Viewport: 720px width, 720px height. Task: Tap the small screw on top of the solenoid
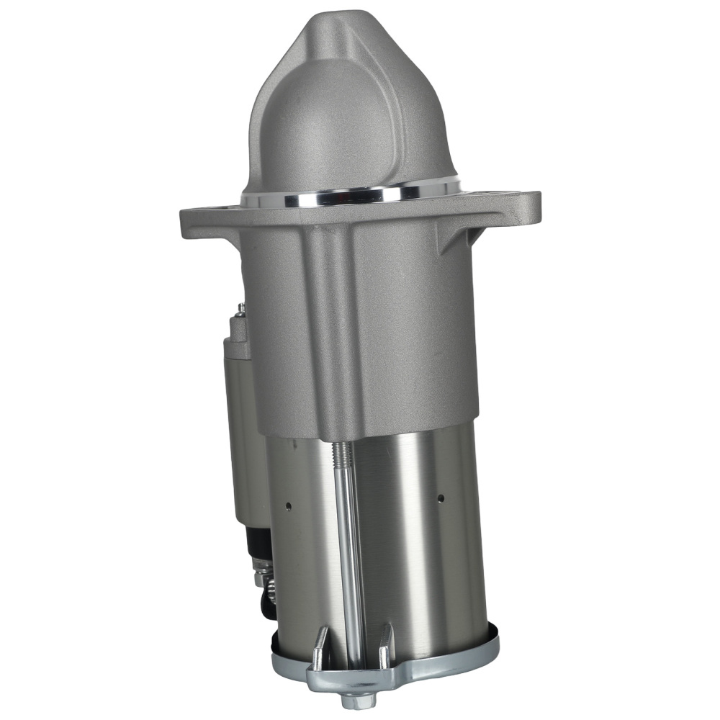click(240, 310)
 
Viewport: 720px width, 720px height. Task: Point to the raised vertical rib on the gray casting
click(331, 324)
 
